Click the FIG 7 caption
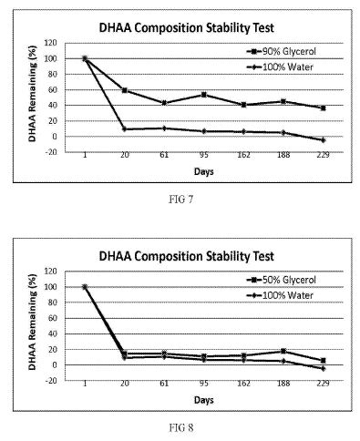tap(180, 200)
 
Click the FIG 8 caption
tap(180, 428)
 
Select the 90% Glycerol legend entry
tap(282, 51)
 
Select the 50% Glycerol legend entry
tap(282, 280)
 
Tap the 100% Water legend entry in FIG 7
tap(280, 67)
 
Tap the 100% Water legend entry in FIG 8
tap(280, 295)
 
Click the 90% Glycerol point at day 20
tap(125, 90)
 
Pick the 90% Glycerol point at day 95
tap(204, 95)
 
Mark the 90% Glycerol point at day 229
tap(323, 108)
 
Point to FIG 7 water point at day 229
tap(323, 140)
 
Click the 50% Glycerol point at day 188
tap(283, 351)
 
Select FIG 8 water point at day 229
tap(323, 368)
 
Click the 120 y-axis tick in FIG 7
tap(50, 43)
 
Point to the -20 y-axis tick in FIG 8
tap(50, 380)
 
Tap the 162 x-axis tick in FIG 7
tap(243, 155)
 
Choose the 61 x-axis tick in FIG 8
tap(164, 384)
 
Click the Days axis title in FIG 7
tap(204, 171)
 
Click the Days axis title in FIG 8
tap(204, 400)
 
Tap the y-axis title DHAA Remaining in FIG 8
tap(32, 322)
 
